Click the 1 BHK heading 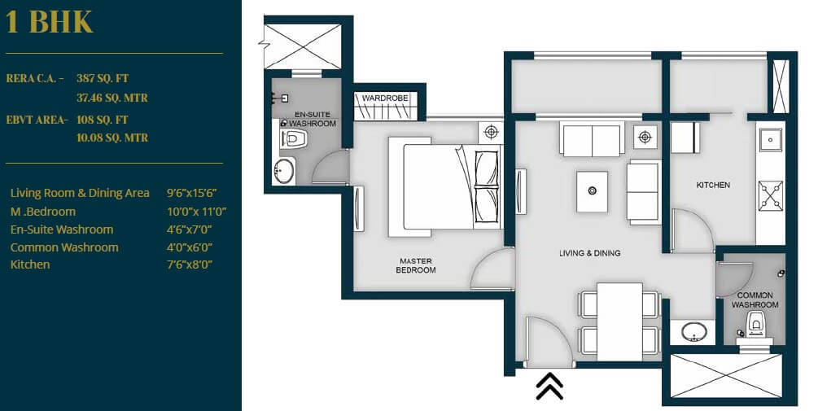point(50,22)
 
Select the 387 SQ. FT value point(103,79)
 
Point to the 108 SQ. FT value point(103,120)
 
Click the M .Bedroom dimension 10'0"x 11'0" point(196,212)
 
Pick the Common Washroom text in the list point(64,247)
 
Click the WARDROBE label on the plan point(384,98)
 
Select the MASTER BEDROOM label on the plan point(416,265)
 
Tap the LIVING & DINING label point(589,253)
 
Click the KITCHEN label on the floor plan point(713,186)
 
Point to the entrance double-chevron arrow point(550,386)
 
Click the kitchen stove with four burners point(770,195)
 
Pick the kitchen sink point(770,140)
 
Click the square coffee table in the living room point(592,191)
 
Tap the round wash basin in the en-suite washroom point(283,171)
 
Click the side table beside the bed point(491,132)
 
